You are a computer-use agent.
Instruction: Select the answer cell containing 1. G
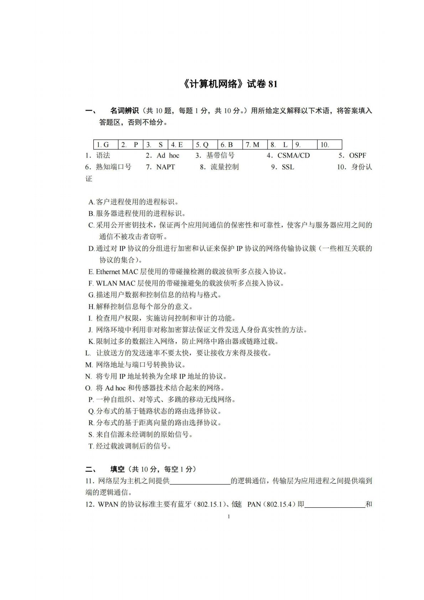click(106, 145)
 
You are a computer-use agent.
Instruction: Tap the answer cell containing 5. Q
click(205, 145)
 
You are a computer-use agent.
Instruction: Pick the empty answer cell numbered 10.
click(329, 145)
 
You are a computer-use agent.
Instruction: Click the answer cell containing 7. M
click(255, 145)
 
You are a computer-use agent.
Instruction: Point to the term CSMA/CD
click(294, 156)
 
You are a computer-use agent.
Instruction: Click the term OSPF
click(357, 156)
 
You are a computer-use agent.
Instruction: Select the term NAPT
click(165, 167)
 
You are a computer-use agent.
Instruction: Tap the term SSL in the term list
click(288, 167)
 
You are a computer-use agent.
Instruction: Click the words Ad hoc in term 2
click(168, 156)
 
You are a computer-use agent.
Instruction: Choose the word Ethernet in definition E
click(108, 272)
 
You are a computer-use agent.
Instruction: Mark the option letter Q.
click(91, 411)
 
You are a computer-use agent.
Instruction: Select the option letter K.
click(91, 342)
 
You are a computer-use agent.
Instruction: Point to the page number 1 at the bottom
click(228, 517)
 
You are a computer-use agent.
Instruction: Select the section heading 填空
click(118, 469)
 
